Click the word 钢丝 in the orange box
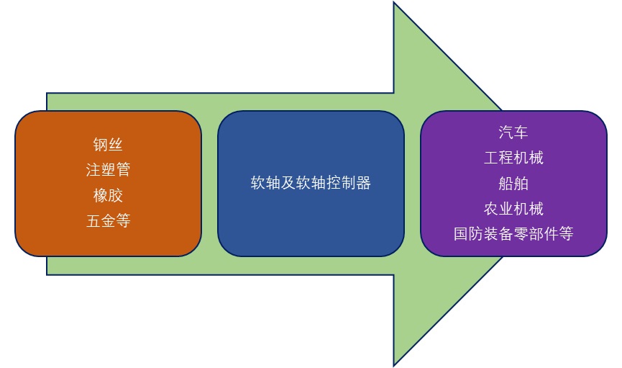108,145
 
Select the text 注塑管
108,170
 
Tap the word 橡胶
108,196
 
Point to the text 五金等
108,221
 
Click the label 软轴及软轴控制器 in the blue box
311,183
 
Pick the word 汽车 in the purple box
513,132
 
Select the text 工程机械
513,158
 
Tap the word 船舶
513,183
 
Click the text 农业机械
513,209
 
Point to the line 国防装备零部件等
513,234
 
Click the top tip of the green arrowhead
395,4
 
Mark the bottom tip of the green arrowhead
395,364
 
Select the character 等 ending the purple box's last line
566,234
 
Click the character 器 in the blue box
363,183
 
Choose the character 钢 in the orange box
101,145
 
